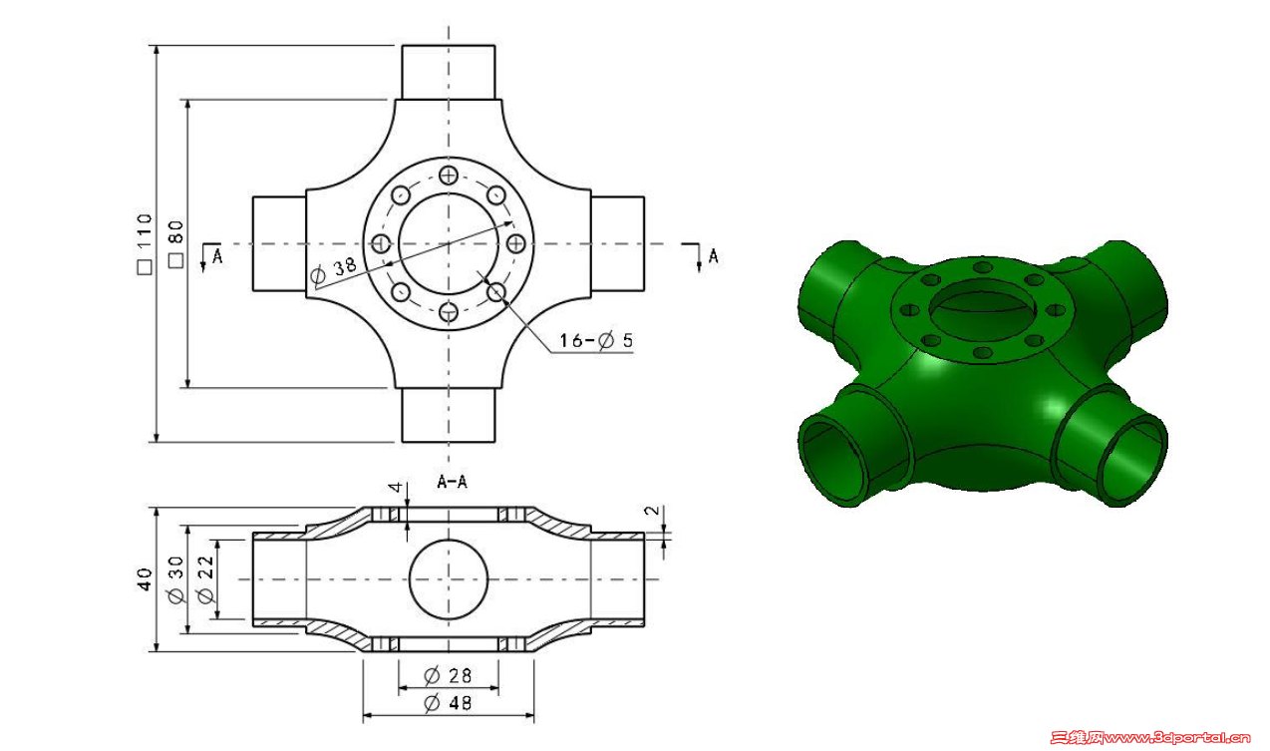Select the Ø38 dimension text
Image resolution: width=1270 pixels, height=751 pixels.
(333, 270)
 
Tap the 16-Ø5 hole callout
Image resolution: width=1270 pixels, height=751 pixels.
(596, 340)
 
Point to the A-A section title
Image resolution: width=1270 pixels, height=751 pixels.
(452, 482)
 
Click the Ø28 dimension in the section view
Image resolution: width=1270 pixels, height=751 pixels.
(448, 675)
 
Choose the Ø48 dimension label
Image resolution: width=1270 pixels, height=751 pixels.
(448, 703)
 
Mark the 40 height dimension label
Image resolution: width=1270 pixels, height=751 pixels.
(146, 579)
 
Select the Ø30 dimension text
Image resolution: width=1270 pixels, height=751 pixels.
(175, 579)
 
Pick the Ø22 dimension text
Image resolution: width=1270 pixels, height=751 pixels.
(205, 579)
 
